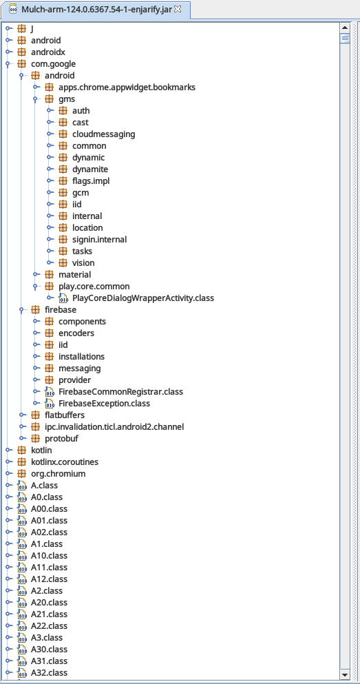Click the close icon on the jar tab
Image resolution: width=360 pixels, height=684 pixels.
[x=178, y=9]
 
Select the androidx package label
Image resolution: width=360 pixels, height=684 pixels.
[x=48, y=52]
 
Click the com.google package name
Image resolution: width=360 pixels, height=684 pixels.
[x=53, y=63]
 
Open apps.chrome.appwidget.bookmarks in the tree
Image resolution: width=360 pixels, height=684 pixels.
[x=127, y=87]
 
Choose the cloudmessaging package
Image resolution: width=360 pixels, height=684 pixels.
[x=104, y=134]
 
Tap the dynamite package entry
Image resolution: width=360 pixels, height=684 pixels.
[x=90, y=169]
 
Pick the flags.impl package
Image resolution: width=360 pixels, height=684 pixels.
[x=91, y=180]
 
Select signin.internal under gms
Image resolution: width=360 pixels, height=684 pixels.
[x=99, y=239]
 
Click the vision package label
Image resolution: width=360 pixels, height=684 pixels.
[x=83, y=262]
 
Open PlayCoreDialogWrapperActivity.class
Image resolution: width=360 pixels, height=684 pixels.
[x=143, y=298]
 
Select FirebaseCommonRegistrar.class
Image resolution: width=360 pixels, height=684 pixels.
[x=120, y=391]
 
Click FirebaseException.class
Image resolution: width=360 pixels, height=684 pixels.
[x=104, y=403]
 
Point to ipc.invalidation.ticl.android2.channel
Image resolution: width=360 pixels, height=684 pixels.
[x=114, y=426]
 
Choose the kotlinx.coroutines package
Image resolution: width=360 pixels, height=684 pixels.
[x=65, y=462]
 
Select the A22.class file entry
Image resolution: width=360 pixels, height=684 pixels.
[x=50, y=625]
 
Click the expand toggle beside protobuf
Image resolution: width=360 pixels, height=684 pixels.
[x=23, y=438]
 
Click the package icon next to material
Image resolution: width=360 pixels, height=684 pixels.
[x=50, y=274]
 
